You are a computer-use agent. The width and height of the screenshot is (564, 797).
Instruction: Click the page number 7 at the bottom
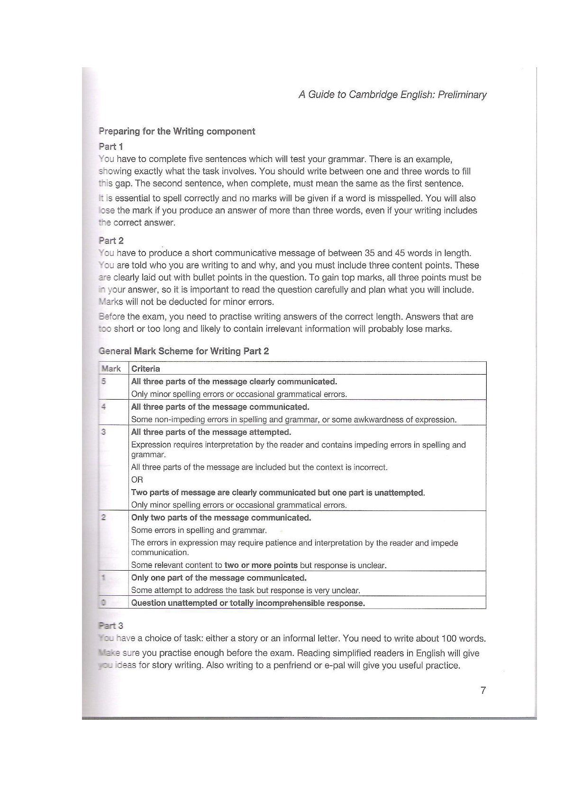(x=483, y=690)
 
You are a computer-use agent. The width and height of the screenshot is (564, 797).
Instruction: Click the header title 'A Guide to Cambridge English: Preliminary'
(x=392, y=95)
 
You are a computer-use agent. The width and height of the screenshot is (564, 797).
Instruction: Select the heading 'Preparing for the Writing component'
(x=177, y=132)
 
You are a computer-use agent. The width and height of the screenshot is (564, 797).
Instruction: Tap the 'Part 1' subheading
(x=111, y=146)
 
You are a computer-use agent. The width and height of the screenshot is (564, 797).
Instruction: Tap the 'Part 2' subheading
(x=111, y=241)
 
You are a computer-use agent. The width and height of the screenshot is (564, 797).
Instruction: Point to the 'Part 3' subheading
(x=111, y=626)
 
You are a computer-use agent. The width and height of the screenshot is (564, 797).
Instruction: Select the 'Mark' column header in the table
(x=111, y=369)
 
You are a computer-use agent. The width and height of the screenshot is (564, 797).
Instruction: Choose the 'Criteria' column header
(x=146, y=369)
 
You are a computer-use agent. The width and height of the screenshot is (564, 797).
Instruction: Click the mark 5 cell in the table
(x=103, y=381)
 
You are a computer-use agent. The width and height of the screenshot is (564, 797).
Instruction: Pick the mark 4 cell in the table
(x=103, y=407)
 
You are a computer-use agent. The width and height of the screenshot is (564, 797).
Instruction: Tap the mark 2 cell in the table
(x=103, y=518)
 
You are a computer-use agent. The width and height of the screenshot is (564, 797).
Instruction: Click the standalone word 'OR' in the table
(x=137, y=480)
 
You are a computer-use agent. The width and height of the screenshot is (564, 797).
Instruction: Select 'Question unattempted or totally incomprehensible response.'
(x=248, y=603)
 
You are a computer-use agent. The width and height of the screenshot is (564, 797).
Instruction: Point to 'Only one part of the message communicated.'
(x=219, y=578)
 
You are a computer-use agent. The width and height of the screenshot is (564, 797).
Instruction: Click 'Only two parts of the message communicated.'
(x=221, y=518)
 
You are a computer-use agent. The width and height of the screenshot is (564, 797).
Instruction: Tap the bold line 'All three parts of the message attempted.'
(x=211, y=432)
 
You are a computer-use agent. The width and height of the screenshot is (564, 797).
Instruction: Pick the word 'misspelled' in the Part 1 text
(x=398, y=198)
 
